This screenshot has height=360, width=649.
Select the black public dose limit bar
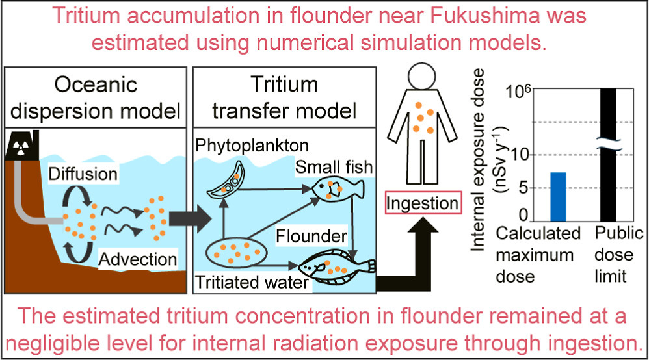pos(608,156)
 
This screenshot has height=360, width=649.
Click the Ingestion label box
pos(422,203)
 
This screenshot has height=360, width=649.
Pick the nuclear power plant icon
pos(20,144)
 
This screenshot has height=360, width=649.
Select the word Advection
pos(138,259)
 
